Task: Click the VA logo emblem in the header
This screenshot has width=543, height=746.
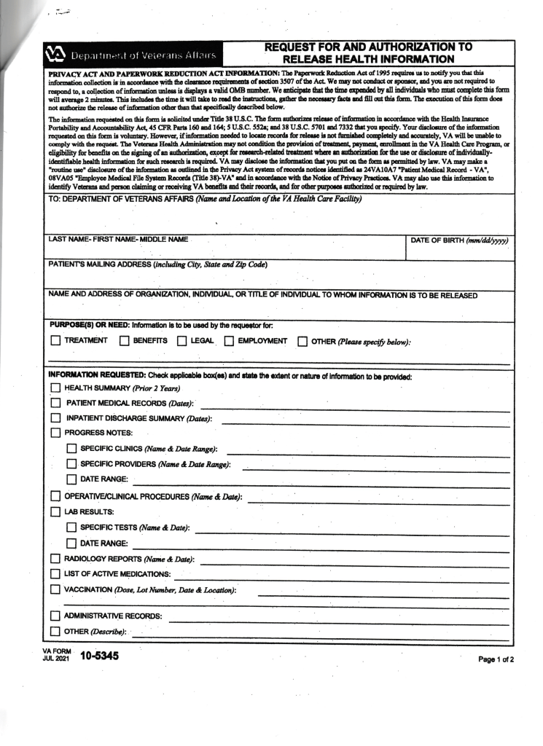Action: click(55, 55)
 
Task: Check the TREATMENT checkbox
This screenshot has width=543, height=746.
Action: click(55, 340)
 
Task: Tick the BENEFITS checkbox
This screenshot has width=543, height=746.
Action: click(124, 340)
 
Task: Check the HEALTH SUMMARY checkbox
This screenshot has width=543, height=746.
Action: click(55, 388)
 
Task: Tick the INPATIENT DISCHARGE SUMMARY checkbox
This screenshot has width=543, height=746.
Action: click(55, 418)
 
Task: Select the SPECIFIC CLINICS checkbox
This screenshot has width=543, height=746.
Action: click(71, 449)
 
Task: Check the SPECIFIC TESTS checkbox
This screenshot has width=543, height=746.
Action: click(71, 527)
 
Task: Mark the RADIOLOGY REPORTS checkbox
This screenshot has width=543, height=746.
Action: click(55, 559)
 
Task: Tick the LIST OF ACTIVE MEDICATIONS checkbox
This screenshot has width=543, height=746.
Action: click(55, 574)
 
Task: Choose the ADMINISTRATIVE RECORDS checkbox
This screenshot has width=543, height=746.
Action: click(55, 616)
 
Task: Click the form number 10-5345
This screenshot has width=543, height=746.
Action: click(99, 656)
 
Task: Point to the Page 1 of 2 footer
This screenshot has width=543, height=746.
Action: click(496, 659)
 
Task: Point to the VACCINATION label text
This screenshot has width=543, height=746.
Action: click(95, 589)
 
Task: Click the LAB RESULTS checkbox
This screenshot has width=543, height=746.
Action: click(55, 512)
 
